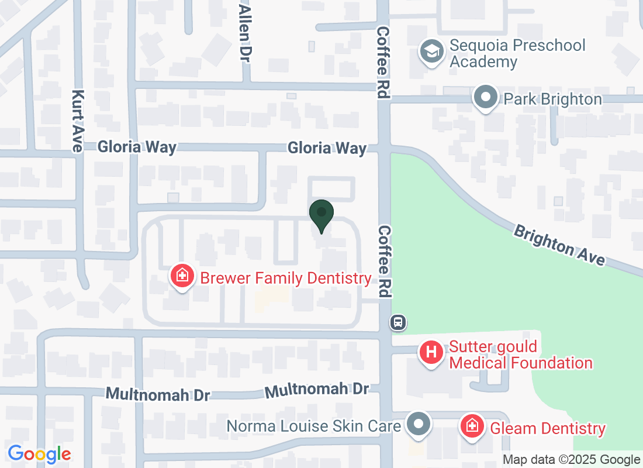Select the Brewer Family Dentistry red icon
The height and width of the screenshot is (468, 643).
182,276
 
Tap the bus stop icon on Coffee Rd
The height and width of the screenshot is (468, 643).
399,322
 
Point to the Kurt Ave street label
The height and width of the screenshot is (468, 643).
78,121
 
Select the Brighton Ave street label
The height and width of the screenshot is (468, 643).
559,245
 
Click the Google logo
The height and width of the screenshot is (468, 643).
40,454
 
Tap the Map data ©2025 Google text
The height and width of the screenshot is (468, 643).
571,460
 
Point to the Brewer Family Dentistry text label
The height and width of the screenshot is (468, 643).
286,278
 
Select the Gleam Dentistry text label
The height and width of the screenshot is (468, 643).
547,428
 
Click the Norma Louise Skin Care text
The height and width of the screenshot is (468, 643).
314,426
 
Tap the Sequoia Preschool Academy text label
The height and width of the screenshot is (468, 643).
517,53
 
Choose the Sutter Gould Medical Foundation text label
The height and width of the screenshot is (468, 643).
520,355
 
